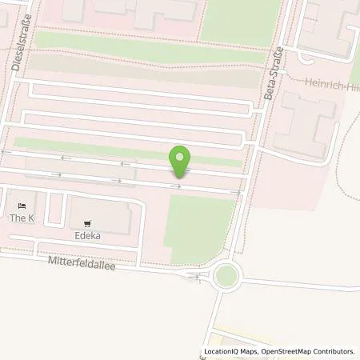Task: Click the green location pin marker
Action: click(x=181, y=159)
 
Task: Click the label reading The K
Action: click(x=18, y=218)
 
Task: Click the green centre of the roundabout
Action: click(x=226, y=278)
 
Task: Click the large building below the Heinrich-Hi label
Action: click(x=304, y=124)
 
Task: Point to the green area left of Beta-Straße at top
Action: click(x=240, y=20)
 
